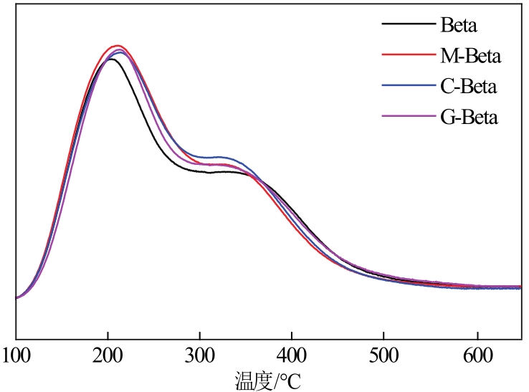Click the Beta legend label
pos(459,27)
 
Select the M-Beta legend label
pos(470,56)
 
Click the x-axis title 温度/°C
pos(268,378)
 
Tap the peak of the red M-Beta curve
pos(117,45)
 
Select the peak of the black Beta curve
pos(110,59)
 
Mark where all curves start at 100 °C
pos(16,297)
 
